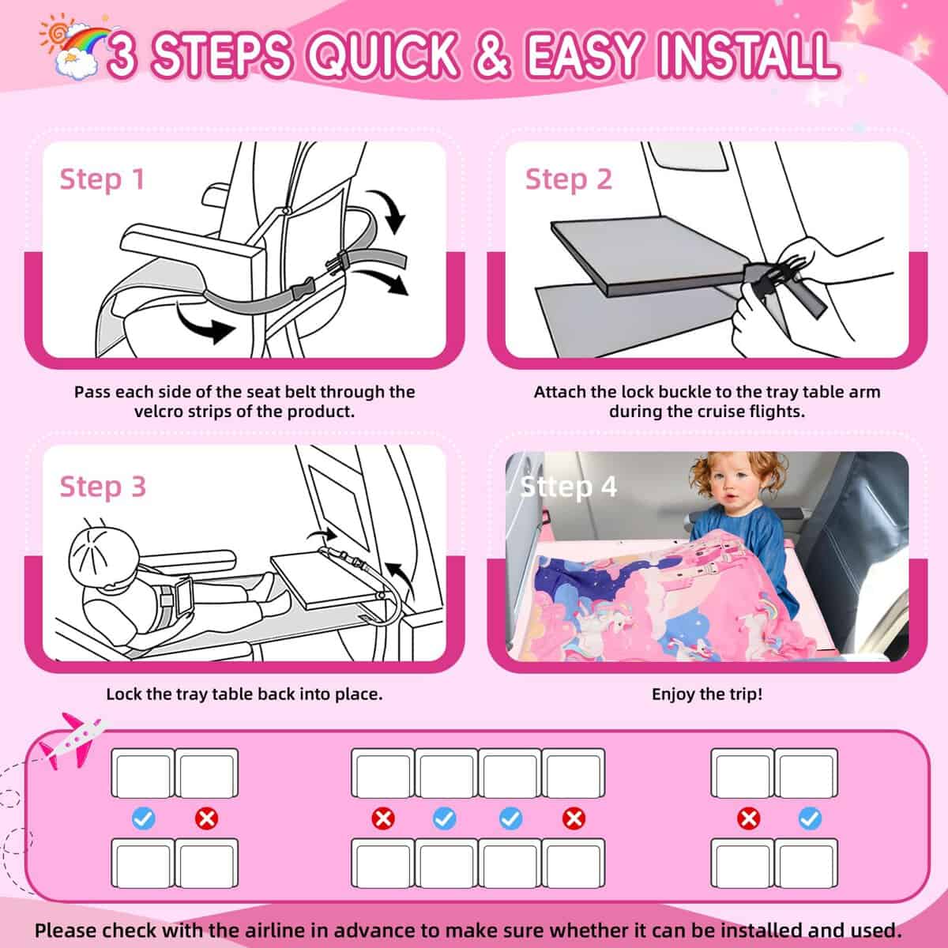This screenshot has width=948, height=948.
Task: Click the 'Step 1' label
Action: click(x=102, y=179)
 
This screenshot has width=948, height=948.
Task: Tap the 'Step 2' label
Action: click(x=568, y=179)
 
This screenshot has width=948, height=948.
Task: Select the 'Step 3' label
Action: click(x=103, y=487)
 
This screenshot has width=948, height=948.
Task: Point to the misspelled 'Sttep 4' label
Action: click(x=568, y=487)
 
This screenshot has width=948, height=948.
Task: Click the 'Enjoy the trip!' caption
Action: click(x=706, y=694)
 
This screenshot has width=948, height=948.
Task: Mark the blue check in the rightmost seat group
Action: click(x=809, y=818)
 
